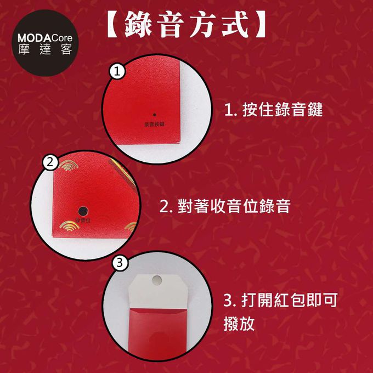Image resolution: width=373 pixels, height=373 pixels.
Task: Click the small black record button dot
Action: [x=154, y=115]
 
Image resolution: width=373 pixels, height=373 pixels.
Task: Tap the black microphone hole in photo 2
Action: [x=82, y=210]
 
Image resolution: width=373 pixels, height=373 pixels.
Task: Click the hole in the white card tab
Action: [x=155, y=280]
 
